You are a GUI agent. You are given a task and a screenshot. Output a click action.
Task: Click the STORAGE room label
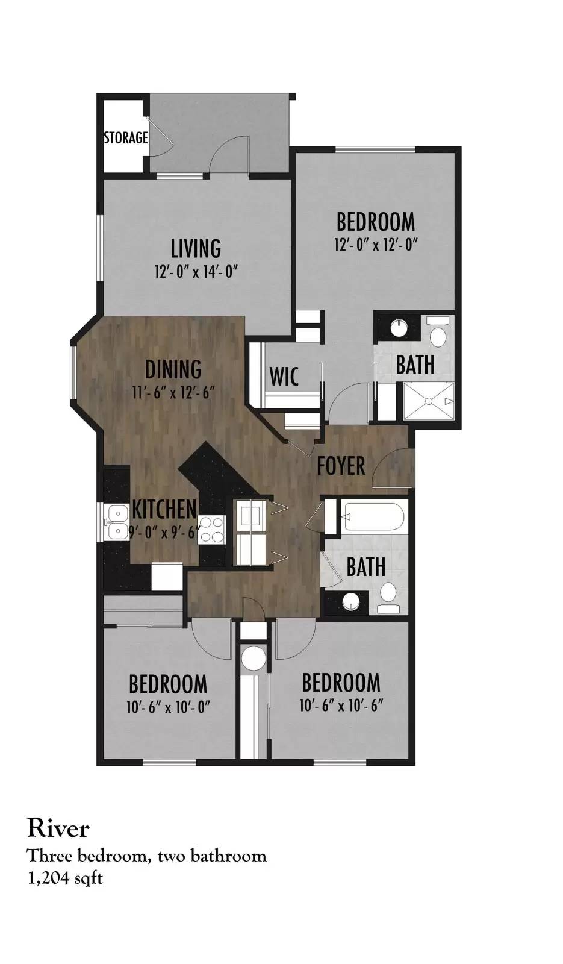126,138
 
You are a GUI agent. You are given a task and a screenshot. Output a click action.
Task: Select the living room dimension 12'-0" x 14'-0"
196,272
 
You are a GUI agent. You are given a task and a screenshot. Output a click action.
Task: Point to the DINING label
173,369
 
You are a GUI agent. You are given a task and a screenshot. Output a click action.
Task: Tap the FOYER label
341,466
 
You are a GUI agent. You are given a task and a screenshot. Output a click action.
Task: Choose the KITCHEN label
164,509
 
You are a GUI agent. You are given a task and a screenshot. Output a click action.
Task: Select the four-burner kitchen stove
211,530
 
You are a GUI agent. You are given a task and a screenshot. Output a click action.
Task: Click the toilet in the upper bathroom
438,331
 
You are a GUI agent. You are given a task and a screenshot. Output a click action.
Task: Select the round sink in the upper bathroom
400,329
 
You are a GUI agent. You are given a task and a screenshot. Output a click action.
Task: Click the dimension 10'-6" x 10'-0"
168,707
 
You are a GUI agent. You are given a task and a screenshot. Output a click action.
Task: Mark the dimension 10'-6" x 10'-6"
341,706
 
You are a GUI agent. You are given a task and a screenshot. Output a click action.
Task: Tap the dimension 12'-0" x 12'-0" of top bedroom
376,245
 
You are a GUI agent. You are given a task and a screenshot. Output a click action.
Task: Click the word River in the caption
58,828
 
